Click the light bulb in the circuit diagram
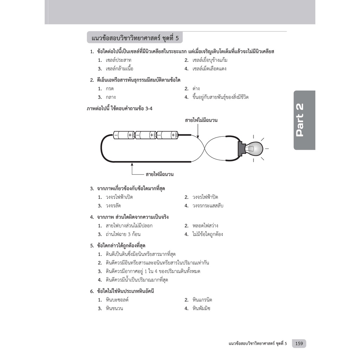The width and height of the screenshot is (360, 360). [x=254, y=149]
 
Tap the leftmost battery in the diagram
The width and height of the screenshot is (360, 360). [x=124, y=135]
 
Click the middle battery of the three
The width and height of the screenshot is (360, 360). [x=146, y=135]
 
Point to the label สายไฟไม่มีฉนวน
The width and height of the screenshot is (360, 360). [x=201, y=121]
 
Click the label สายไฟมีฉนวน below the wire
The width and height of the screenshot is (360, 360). [x=159, y=174]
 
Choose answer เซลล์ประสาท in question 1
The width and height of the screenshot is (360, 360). [x=118, y=60]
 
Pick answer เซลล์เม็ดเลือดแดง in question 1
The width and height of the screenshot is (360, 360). [x=209, y=69]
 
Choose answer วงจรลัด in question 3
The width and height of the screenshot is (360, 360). [x=113, y=206]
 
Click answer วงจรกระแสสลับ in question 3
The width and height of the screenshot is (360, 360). [x=208, y=206]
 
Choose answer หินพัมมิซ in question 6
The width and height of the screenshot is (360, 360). [x=201, y=309]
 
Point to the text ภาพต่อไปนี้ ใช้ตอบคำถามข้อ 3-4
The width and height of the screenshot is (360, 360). [x=119, y=109]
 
